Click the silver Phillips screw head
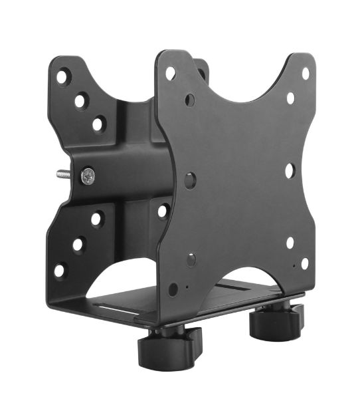tap(88, 176)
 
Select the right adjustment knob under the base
tap(274, 323)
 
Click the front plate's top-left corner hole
tap(171, 73)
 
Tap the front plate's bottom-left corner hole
tap(173, 289)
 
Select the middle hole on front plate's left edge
tap(191, 180)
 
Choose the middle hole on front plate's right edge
tap(290, 170)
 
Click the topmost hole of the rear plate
tap(63, 76)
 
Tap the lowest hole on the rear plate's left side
tap(60, 270)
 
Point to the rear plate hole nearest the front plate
tap(163, 211)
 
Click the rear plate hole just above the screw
tap(98, 124)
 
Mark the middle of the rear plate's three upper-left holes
tap(80, 101)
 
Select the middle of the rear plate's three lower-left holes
tap(78, 244)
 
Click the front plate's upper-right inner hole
tap(290, 98)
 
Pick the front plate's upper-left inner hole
tap(190, 100)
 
